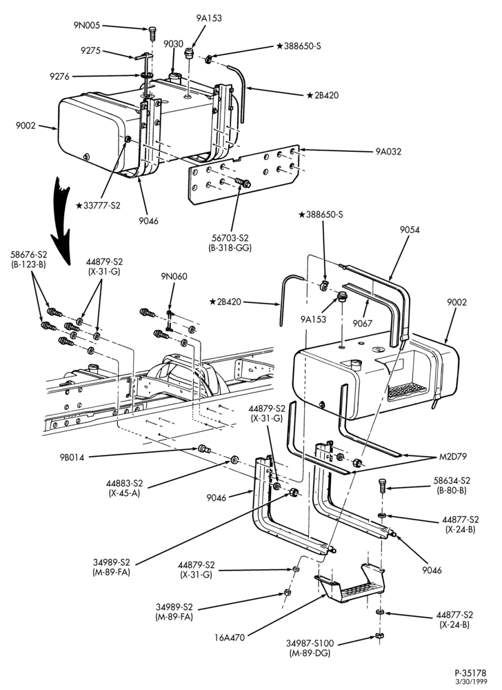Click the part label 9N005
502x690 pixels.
point(87,26)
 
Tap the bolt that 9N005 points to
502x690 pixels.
point(152,32)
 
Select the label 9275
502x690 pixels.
point(90,50)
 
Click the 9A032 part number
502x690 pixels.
point(388,152)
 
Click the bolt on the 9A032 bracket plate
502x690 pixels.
point(243,181)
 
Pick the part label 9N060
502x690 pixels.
point(174,277)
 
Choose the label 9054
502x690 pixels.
point(409,230)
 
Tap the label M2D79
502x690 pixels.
point(453,457)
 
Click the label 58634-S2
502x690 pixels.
point(452,480)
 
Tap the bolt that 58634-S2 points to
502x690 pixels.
point(381,486)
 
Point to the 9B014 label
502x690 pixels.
point(72,457)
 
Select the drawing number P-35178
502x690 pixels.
point(470,673)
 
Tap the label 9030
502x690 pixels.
point(173,44)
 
